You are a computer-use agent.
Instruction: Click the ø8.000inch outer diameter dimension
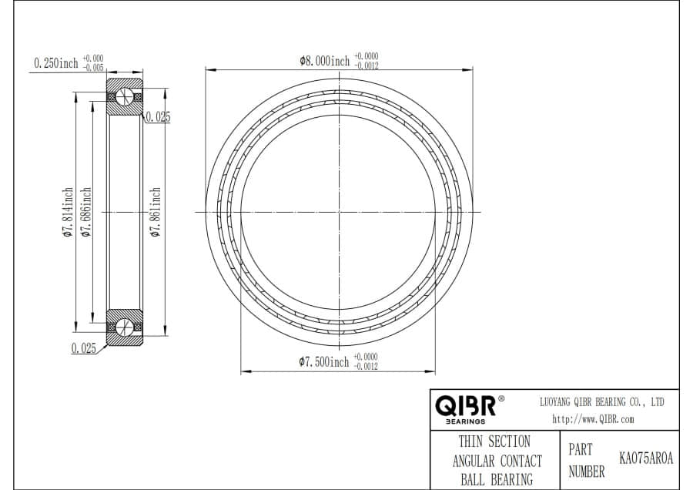point(324,61)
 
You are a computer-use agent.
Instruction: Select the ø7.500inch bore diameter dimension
point(324,362)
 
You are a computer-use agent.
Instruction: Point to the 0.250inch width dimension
point(56,63)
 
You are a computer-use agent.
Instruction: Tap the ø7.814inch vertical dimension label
point(68,212)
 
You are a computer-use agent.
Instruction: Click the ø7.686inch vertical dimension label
point(85,212)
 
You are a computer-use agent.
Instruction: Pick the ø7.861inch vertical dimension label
point(155,212)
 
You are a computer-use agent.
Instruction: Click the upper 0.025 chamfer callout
point(158,117)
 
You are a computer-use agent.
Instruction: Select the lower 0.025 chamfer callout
point(84,348)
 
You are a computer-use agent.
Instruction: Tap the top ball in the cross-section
point(125,97)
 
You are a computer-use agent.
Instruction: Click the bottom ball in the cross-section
point(125,327)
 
